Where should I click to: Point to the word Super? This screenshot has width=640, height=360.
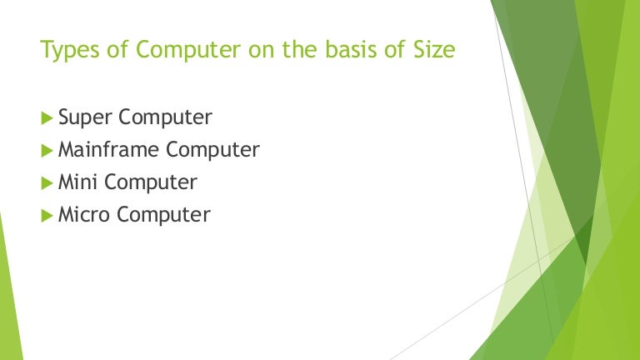86,118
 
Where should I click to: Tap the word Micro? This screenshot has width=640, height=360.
84,215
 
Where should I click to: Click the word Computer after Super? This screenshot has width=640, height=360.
165,118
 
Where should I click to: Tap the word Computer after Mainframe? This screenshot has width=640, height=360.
212,151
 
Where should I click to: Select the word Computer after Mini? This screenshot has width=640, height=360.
151,182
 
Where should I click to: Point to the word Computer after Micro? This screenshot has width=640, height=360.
163,215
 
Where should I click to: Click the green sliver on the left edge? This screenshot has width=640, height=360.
7,300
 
